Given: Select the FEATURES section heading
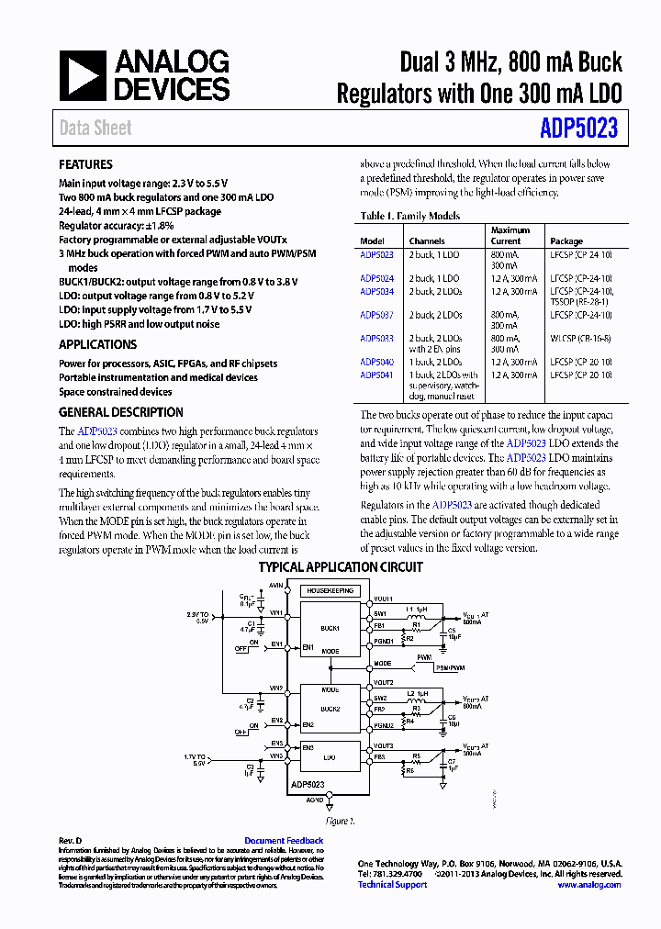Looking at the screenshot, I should point(85,164).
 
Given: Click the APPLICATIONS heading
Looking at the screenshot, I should point(97,344).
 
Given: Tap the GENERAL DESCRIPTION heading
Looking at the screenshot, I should point(121,412).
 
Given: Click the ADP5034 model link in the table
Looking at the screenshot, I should point(376,291).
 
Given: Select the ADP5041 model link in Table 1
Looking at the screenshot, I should point(376,375).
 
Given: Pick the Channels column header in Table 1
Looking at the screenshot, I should point(427,241).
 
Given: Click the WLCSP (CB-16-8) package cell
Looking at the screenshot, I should point(580,338).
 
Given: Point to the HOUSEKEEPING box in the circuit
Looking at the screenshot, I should point(329,591).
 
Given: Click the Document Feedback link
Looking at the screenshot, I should point(284,841).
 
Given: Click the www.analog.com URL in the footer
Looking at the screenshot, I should point(588,885).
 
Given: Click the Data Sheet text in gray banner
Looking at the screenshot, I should point(95,129).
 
